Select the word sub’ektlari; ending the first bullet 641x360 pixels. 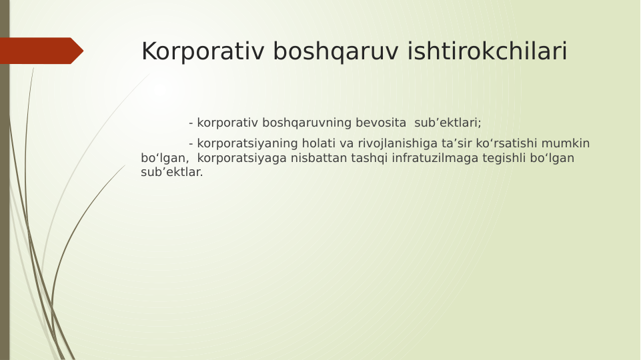(448, 123)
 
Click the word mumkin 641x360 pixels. (567, 143)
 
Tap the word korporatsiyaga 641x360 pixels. (242, 158)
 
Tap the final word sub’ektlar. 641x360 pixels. (171, 172)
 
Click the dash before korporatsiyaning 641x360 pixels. (191, 144)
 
